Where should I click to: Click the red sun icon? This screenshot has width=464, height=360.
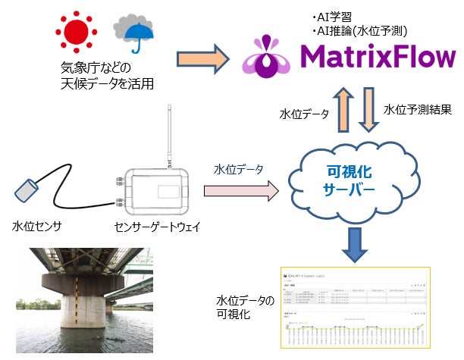click(77, 33)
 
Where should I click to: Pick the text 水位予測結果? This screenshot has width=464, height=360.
click(419, 108)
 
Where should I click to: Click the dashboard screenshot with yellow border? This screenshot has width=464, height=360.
click(355, 308)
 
